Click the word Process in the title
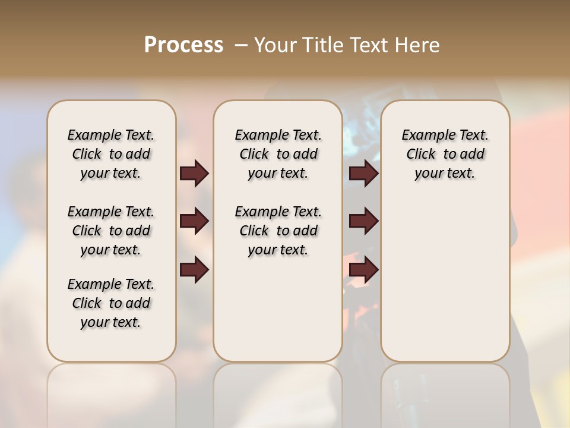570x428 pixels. (x=183, y=45)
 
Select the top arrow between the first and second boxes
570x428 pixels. (x=194, y=173)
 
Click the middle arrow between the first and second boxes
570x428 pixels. (x=194, y=221)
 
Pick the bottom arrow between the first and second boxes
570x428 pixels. (x=194, y=270)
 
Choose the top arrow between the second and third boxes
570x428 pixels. (x=363, y=173)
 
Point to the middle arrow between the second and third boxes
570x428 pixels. (x=363, y=221)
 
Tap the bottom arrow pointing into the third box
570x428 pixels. (x=363, y=270)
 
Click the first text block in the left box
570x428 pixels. (x=111, y=154)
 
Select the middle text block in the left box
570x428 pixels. (x=111, y=231)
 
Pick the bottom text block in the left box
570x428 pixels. (x=111, y=303)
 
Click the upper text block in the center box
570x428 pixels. (x=278, y=154)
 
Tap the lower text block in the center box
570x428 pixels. (x=278, y=231)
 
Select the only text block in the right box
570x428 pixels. (x=445, y=154)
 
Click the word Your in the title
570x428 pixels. (x=275, y=45)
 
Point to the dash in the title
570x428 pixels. (x=241, y=45)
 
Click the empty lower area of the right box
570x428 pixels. (x=445, y=285)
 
